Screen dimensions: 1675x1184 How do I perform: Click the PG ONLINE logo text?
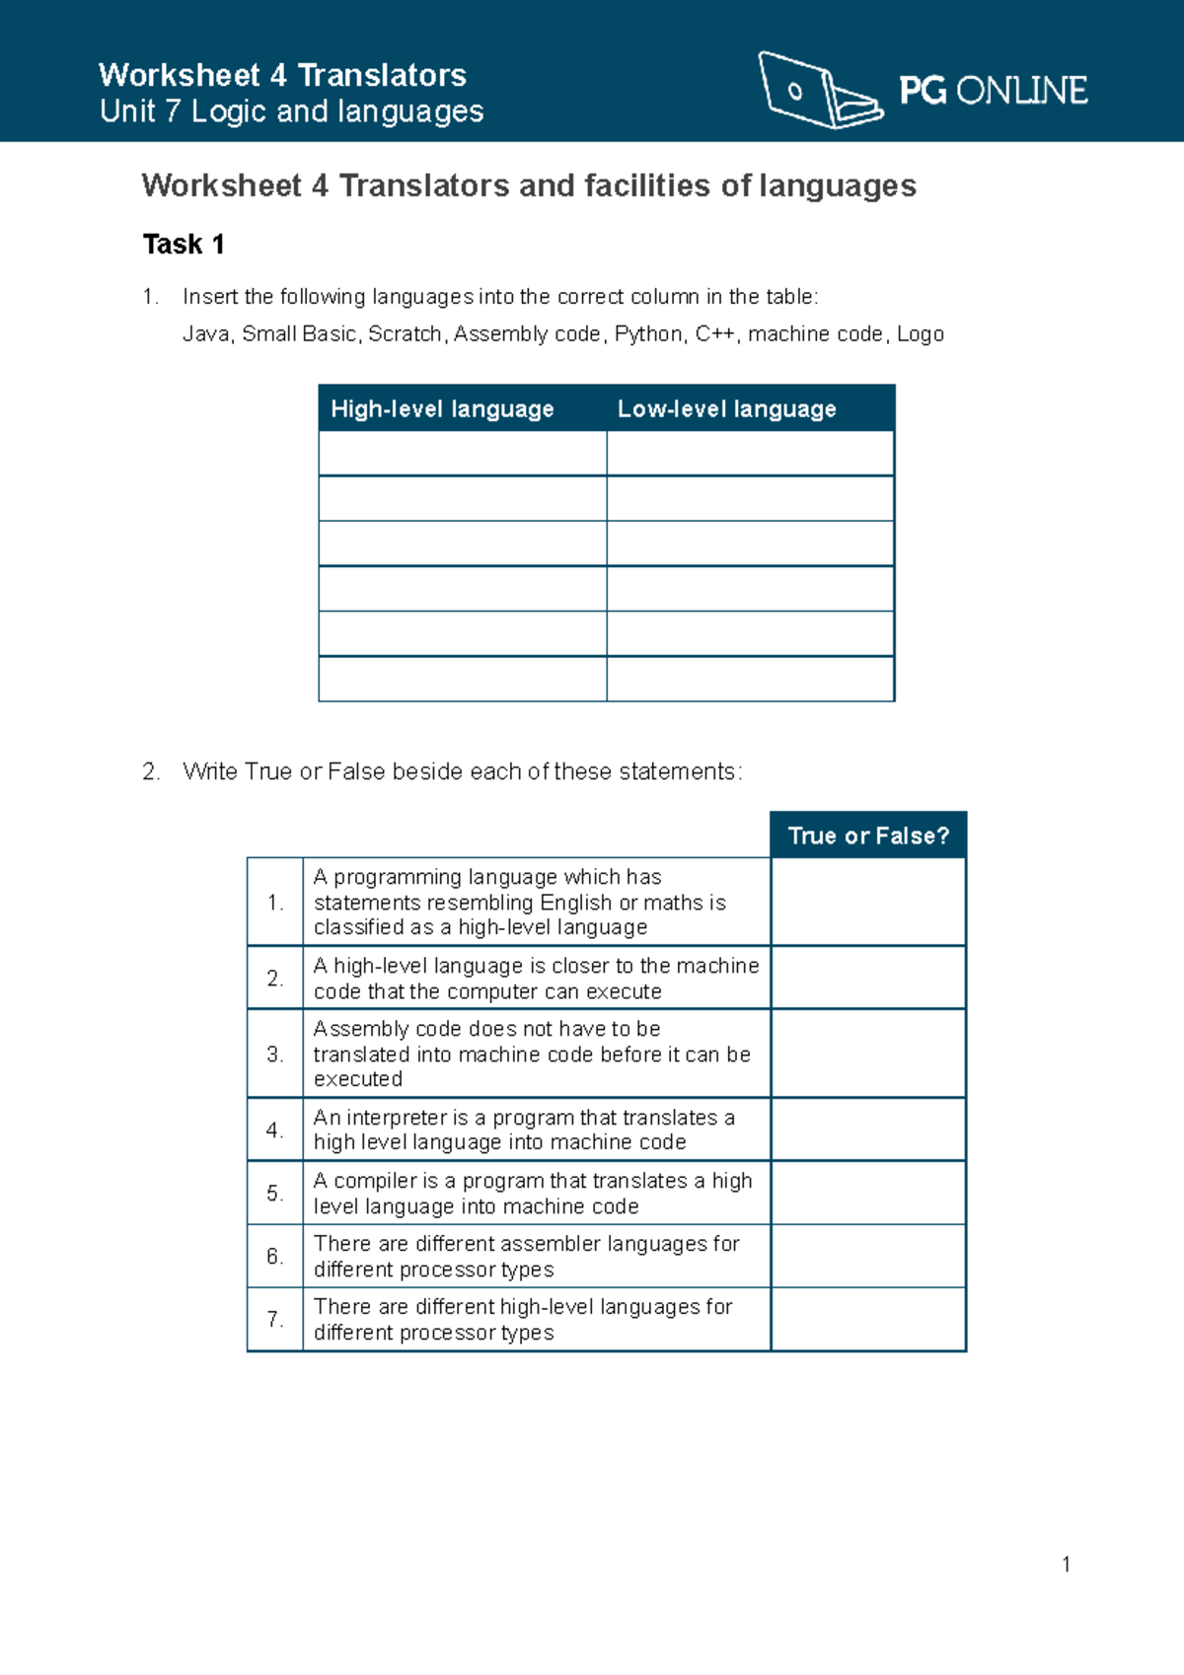(x=993, y=91)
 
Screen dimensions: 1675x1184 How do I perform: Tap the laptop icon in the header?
(x=819, y=91)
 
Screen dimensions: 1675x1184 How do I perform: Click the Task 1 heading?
(x=184, y=244)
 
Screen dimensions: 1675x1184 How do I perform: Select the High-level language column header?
(x=442, y=408)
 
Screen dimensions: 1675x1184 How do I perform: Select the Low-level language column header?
(x=727, y=408)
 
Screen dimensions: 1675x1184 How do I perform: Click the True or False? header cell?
(x=868, y=836)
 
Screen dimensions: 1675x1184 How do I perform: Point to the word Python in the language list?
(x=647, y=334)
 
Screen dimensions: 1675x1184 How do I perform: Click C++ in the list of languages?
(x=714, y=334)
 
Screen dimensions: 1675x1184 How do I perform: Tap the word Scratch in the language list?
(x=405, y=334)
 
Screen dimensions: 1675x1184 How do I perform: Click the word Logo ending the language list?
(x=921, y=334)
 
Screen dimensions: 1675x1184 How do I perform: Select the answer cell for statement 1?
(x=868, y=902)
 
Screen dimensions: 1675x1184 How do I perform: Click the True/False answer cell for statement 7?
(x=868, y=1319)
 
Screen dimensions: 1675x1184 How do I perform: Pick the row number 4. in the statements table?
(x=274, y=1129)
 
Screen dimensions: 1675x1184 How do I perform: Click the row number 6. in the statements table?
(x=274, y=1256)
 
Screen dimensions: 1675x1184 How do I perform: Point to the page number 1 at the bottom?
(x=1066, y=1565)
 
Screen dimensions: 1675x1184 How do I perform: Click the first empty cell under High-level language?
(x=462, y=454)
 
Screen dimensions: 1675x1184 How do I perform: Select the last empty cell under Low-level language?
(x=750, y=679)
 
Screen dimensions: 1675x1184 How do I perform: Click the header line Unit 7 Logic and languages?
(x=291, y=111)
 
